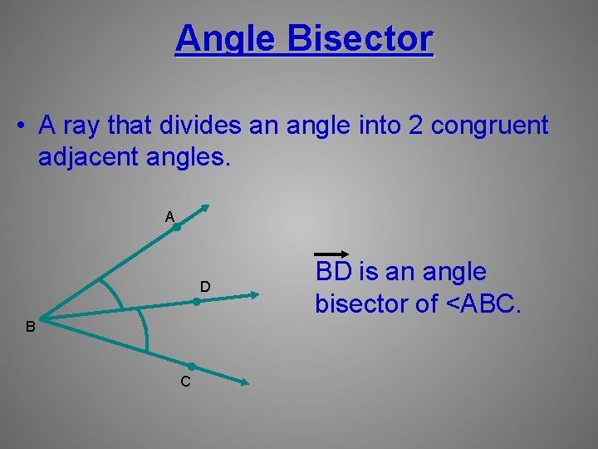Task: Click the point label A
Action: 169,217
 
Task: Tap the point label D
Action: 204,287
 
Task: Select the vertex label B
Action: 30,328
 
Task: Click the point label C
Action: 185,382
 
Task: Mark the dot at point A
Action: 177,226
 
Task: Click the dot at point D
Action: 196,303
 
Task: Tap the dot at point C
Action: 191,367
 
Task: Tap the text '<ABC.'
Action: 484,304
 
